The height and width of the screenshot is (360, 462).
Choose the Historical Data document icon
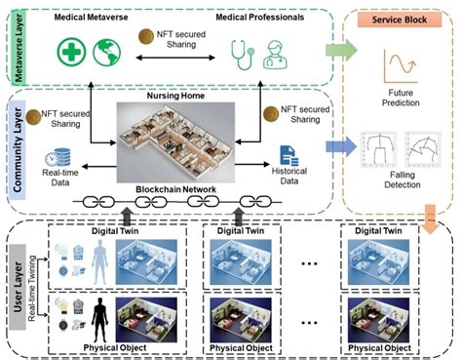[289, 154]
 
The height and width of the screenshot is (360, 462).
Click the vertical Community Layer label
[15, 144]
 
